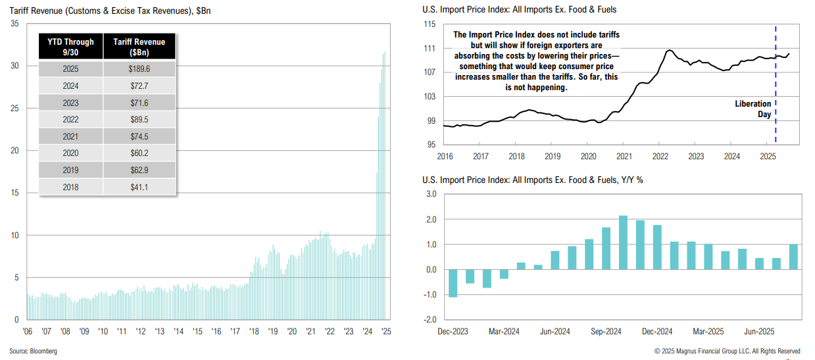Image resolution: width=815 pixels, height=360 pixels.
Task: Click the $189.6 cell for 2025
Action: point(139,68)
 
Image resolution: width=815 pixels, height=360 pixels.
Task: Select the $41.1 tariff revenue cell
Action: point(139,187)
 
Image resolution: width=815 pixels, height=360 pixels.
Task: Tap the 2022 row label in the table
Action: point(70,119)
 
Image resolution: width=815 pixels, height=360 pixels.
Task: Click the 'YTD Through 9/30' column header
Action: point(70,47)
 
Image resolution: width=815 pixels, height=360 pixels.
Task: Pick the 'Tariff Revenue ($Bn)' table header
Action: point(139,47)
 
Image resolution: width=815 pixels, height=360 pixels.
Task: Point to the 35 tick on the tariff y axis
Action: point(14,24)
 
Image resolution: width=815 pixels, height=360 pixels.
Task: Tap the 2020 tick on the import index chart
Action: point(588,157)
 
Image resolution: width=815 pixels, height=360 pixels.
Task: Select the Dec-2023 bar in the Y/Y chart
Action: point(453,283)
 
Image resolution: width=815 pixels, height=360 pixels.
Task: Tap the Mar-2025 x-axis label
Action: point(707,332)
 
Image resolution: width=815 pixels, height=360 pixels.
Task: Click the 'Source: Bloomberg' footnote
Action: point(33,351)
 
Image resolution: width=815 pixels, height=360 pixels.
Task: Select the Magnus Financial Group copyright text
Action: point(727,351)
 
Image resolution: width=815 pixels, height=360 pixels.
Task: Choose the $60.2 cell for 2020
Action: point(139,153)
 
